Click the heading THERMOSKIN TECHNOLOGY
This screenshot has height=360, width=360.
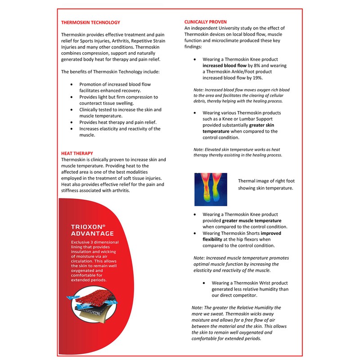click(90, 22)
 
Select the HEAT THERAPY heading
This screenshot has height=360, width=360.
click(77, 153)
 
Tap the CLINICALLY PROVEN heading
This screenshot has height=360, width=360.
click(206, 22)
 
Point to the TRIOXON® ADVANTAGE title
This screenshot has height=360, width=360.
click(92, 230)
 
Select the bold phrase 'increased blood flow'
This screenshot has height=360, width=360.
click(225, 65)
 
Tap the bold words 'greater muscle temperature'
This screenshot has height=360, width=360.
click(252, 221)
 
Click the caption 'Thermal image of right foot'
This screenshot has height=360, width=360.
click(266, 181)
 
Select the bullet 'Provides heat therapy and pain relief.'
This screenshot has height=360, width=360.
click(117, 122)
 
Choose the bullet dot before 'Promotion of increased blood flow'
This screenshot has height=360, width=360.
click(72, 85)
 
